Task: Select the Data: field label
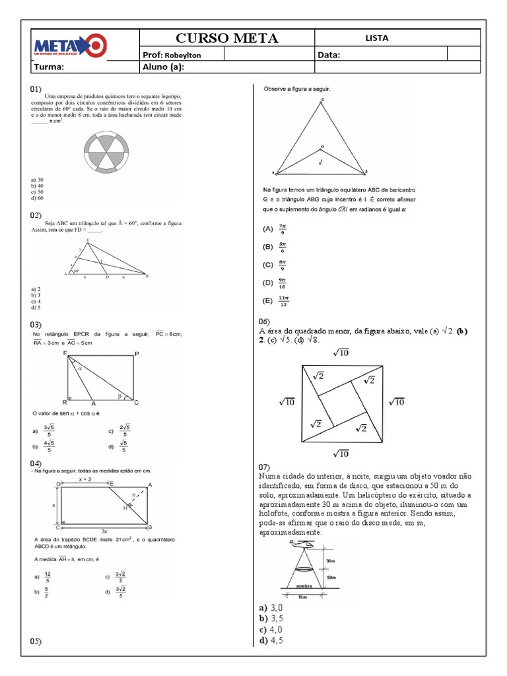tap(329, 55)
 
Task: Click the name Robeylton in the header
tap(184, 55)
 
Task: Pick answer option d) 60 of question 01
tap(36, 197)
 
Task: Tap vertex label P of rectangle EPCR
tap(136, 355)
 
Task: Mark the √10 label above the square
tap(341, 353)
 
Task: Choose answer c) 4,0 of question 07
tap(271, 629)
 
